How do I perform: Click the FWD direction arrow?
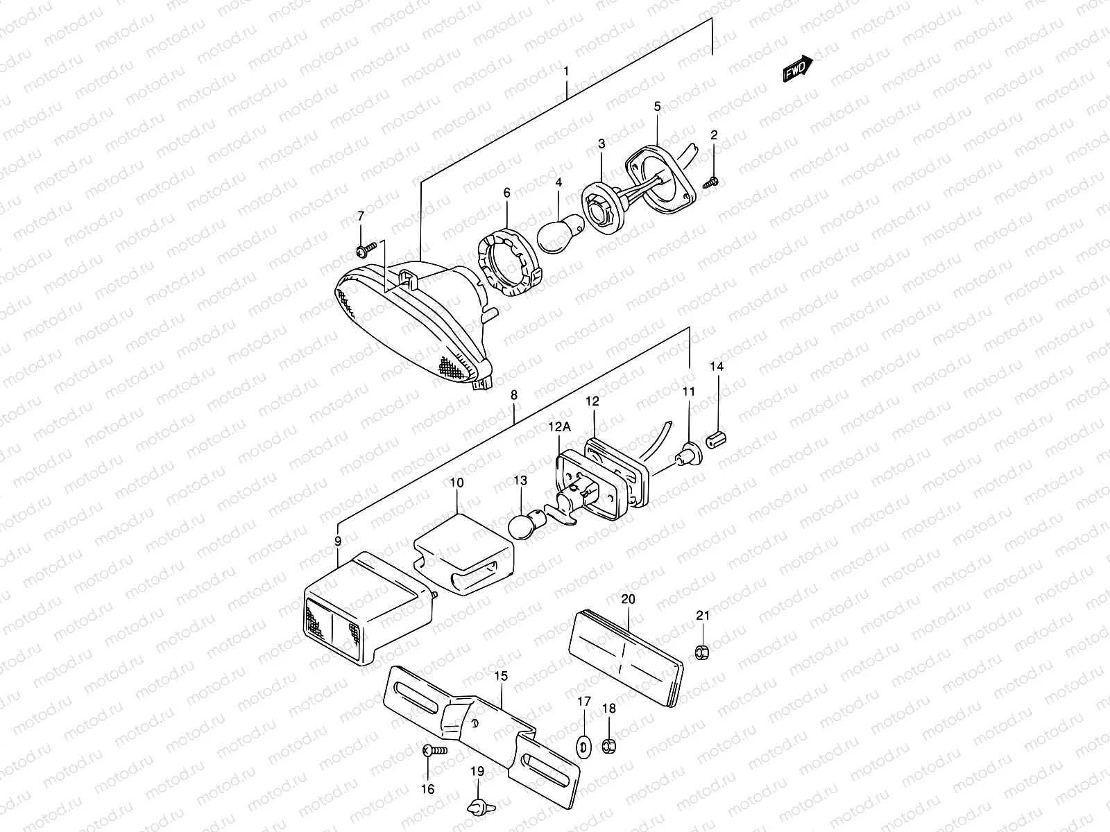(797, 69)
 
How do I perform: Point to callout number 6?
(506, 193)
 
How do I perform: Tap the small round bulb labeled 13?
(523, 525)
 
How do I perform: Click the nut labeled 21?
(702, 651)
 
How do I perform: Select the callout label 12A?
(560, 428)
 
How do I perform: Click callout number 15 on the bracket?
(501, 675)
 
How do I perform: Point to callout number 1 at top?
(567, 71)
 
